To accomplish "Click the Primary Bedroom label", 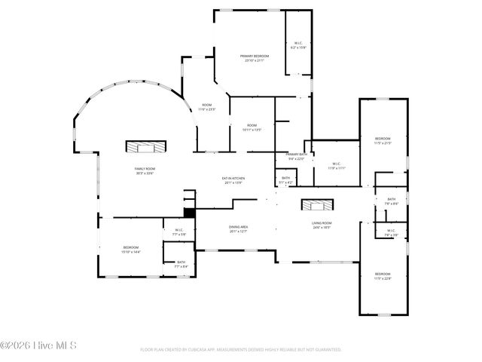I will point(255,56).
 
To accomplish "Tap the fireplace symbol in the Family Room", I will point(144,146).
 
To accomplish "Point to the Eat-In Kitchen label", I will point(233,178).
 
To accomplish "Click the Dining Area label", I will point(239,227).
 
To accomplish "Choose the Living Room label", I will point(322,223).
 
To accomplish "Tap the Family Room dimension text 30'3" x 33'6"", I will point(144,173).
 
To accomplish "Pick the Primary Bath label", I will point(296,154).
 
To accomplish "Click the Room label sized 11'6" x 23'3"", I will point(206,105).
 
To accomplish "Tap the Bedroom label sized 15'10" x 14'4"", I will point(130,247).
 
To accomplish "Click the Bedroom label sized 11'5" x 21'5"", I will point(383,139).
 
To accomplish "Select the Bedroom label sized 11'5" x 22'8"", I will point(383,274).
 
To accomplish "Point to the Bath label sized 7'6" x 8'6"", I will point(391,199).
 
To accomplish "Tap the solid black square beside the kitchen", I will point(190,213).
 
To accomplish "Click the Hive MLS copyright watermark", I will point(38,346).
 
